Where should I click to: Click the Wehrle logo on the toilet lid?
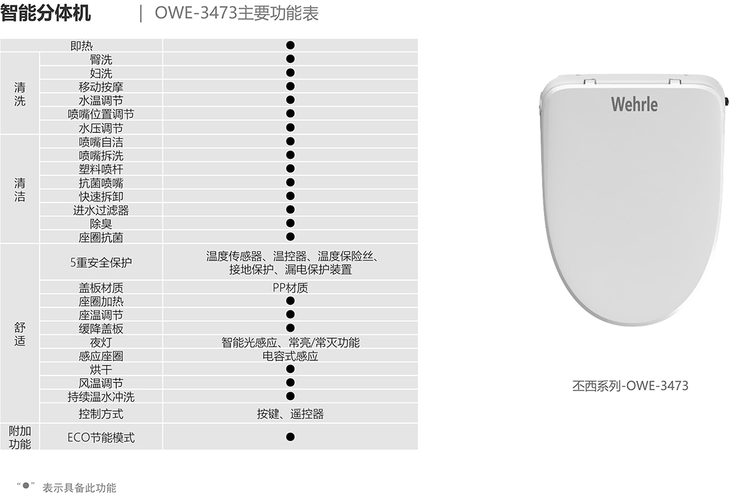tap(633, 104)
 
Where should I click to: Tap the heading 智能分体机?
tap(46, 13)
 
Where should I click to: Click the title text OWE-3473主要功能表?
tap(237, 13)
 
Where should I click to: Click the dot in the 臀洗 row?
tap(290, 59)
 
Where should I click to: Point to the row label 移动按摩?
tap(101, 86)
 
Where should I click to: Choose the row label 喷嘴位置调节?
tap(101, 114)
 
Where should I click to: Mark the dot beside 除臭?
tap(290, 223)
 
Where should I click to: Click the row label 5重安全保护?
tap(101, 262)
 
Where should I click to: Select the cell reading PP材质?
tap(290, 287)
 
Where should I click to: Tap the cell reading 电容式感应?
tap(290, 356)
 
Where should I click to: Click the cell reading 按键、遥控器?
tap(290, 414)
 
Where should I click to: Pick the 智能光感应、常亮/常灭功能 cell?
tap(290, 342)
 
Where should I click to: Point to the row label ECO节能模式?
tap(101, 437)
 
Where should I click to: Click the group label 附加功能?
tap(20, 437)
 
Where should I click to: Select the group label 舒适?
tap(20, 334)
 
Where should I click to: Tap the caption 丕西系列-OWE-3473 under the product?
tap(630, 385)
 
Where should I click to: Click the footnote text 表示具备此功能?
tap(80, 487)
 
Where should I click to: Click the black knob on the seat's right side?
tap(726, 100)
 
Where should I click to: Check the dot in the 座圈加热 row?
tap(290, 301)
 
